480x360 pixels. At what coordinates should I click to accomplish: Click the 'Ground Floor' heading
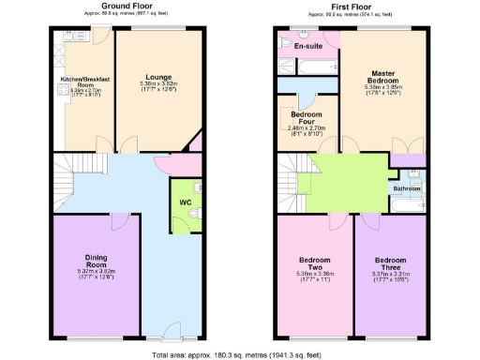coord(128,6)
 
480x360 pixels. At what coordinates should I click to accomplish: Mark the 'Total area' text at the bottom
coord(240,353)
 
